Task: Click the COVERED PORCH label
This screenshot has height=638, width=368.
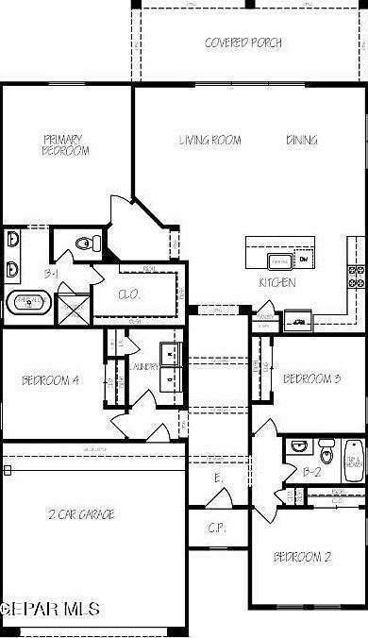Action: click(x=243, y=42)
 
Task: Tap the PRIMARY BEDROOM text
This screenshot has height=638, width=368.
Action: click(x=66, y=144)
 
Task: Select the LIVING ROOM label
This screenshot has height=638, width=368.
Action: click(x=209, y=140)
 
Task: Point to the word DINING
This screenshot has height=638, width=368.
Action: click(x=302, y=140)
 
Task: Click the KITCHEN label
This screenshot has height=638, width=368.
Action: click(x=278, y=283)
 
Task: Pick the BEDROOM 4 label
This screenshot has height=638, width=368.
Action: click(x=50, y=381)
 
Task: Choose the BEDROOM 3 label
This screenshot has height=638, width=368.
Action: click(x=311, y=379)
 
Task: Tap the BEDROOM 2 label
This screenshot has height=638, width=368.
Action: click(x=302, y=557)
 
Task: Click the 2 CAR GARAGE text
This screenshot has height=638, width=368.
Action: click(x=81, y=514)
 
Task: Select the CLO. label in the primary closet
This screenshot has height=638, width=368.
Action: click(x=129, y=294)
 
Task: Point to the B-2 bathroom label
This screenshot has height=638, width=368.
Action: click(x=312, y=472)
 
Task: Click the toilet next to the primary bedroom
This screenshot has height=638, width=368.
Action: click(x=86, y=243)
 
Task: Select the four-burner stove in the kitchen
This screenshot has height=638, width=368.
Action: click(x=357, y=276)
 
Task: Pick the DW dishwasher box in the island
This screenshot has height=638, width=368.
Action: click(x=304, y=258)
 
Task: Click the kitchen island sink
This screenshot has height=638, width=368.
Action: click(x=279, y=261)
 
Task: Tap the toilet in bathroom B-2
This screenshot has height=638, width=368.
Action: click(x=325, y=445)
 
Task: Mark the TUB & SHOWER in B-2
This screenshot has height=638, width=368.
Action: click(x=353, y=456)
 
